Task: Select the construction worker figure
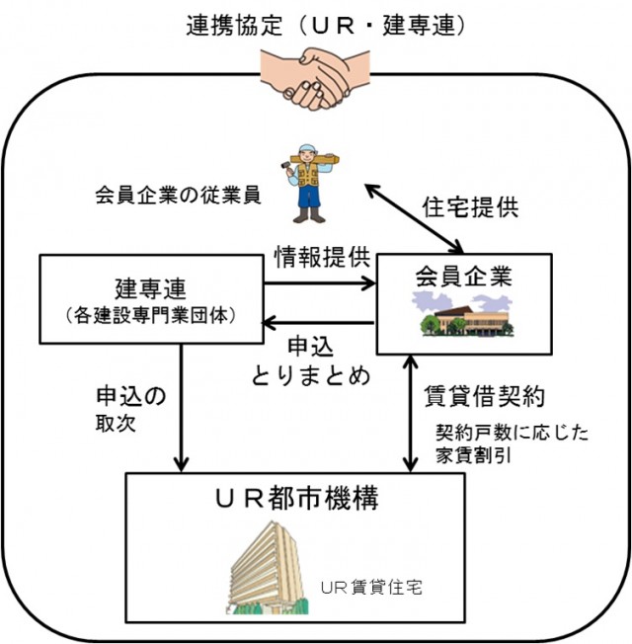309,182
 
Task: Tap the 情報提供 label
322,259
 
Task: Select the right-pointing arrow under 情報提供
322,284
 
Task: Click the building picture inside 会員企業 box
459,316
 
